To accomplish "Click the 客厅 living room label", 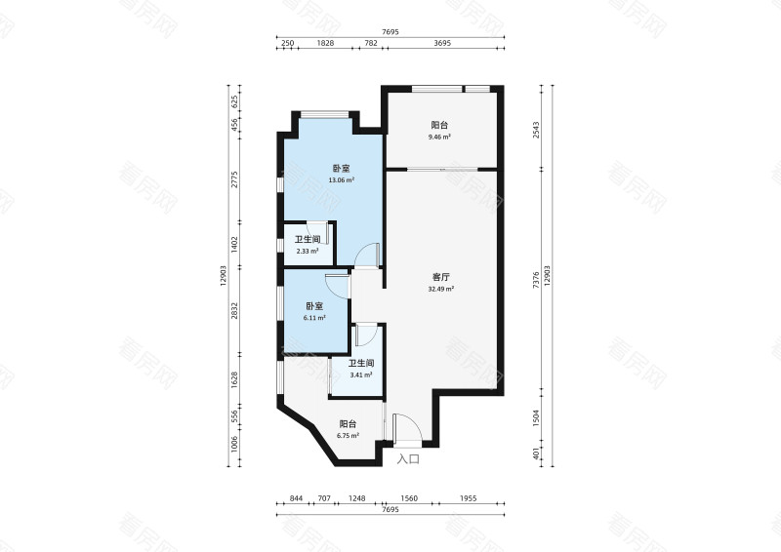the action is (441, 277).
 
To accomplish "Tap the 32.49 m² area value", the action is (441, 289).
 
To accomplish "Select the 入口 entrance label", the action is (408, 459).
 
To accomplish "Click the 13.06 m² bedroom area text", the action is (341, 180).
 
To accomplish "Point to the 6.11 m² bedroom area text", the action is (314, 318).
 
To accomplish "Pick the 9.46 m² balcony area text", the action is (439, 137).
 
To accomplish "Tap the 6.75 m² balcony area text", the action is (348, 436).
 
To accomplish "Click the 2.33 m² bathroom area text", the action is (308, 252).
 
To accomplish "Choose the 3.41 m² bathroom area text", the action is (361, 375).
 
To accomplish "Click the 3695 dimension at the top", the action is (442, 43).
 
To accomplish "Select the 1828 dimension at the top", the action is (325, 43).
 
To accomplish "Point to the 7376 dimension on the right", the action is (536, 280).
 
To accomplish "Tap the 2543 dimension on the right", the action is (536, 130).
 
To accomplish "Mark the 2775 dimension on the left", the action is (235, 179).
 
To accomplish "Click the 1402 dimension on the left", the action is (235, 244).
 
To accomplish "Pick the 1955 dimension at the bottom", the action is (469, 498).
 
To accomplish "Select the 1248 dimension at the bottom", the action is (356, 498).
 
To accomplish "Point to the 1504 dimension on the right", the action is (536, 418).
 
